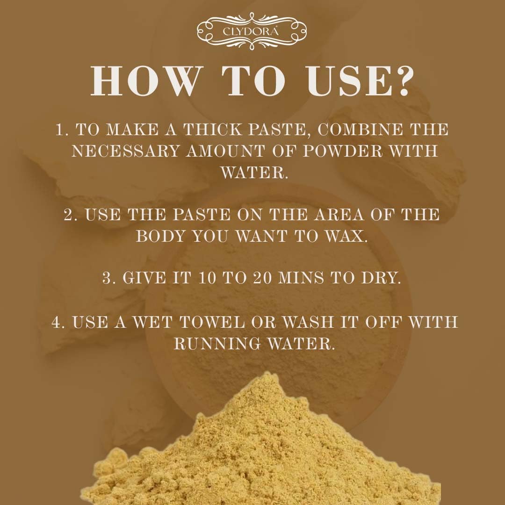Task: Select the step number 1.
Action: pos(61,130)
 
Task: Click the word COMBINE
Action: pos(359,130)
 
